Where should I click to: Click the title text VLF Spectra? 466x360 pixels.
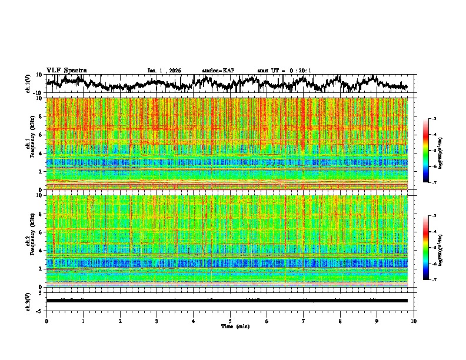tap(66, 70)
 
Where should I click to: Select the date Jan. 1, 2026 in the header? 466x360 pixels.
tap(164, 71)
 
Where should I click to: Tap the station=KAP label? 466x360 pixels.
tap(218, 71)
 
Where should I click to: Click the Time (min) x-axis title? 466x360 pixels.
tap(230, 325)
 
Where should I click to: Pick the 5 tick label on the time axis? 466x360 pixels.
tap(230, 321)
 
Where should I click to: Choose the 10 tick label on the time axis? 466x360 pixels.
tap(414, 321)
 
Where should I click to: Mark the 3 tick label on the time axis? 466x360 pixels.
tap(157, 321)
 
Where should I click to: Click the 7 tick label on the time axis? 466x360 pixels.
tap(304, 321)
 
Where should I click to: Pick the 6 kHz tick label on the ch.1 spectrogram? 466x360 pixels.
tap(41, 135)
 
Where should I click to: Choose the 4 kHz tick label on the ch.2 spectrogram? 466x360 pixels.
tap(41, 250)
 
